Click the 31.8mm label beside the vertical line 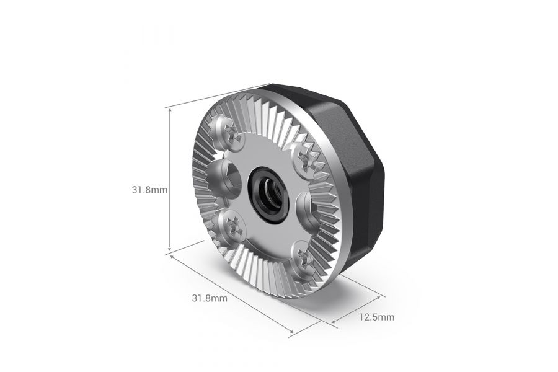[x=149, y=190]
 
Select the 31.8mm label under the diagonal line [x=210, y=298]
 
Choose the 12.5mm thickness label [x=376, y=317]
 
